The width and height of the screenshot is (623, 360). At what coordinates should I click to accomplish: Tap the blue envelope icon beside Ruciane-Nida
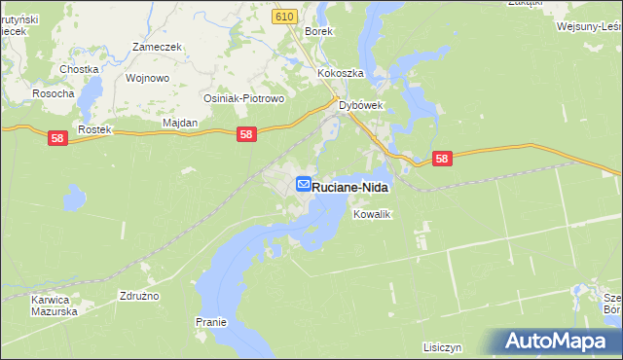pyautogui.click(x=303, y=184)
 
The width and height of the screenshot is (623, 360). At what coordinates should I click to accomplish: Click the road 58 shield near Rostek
pyautogui.click(x=57, y=140)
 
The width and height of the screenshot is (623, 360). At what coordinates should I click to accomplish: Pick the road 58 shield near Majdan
pyautogui.click(x=247, y=136)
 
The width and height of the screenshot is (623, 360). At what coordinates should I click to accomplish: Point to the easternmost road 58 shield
pyautogui.click(x=443, y=158)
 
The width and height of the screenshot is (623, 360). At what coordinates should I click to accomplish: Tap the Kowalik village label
pyautogui.click(x=372, y=214)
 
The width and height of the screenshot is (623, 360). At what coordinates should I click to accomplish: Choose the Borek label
pyautogui.click(x=319, y=31)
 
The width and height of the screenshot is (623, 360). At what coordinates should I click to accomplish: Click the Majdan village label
pyautogui.click(x=180, y=124)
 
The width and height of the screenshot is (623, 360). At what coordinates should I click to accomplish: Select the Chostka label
pyautogui.click(x=79, y=69)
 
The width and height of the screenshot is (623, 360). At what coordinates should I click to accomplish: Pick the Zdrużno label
pyautogui.click(x=139, y=295)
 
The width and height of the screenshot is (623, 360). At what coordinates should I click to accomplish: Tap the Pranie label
pyautogui.click(x=210, y=322)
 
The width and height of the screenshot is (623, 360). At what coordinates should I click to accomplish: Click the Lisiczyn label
pyautogui.click(x=442, y=346)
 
